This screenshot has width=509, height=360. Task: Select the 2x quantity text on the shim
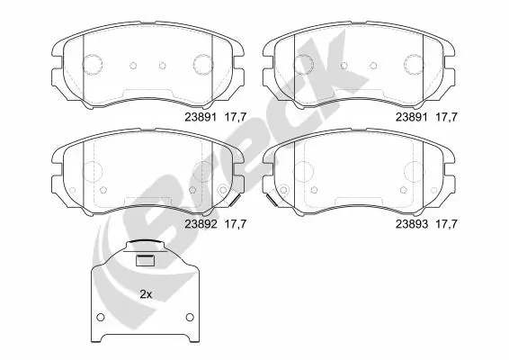click(x=145, y=294)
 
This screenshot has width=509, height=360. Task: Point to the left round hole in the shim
click(x=102, y=319)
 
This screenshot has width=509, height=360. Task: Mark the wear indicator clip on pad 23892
click(x=225, y=191)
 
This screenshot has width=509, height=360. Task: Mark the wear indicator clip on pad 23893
click(x=272, y=191)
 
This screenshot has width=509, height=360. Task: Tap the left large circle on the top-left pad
click(x=94, y=64)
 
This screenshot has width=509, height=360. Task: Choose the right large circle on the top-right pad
click(x=414, y=64)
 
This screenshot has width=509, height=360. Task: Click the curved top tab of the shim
click(x=144, y=246)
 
